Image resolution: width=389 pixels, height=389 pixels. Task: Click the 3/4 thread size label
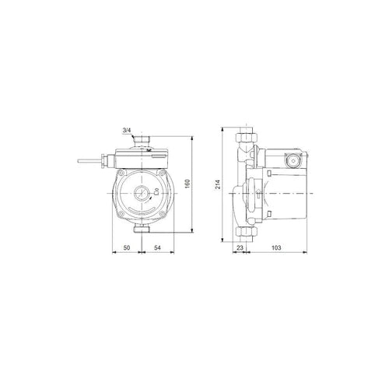[127, 131]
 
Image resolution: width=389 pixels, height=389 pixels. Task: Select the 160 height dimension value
[188, 184]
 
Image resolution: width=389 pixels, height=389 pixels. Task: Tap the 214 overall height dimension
[218, 184]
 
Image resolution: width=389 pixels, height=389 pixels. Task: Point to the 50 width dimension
[127, 247]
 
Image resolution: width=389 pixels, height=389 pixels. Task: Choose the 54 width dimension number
[158, 247]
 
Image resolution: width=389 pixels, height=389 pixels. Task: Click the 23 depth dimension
[240, 247]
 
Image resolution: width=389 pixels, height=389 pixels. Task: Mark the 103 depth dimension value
[276, 247]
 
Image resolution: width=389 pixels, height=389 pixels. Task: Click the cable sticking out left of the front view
[89, 161]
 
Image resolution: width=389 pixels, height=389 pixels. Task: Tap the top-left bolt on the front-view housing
[120, 173]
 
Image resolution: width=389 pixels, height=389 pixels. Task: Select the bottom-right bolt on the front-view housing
[162, 214]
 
